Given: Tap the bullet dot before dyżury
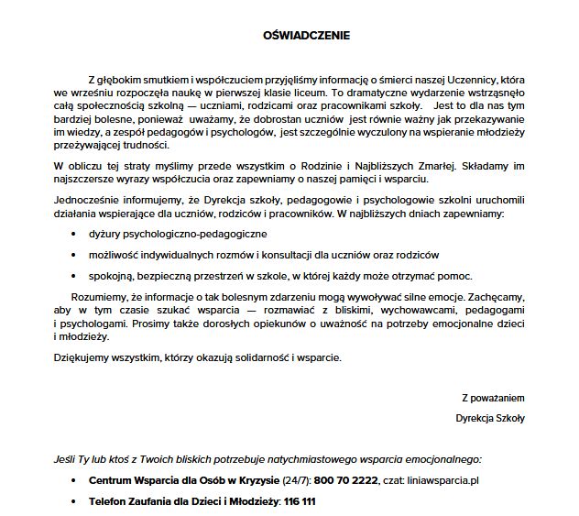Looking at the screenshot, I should tap(74, 235).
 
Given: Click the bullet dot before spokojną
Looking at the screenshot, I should tap(74, 275).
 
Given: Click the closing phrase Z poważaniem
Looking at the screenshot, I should tap(493, 398).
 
